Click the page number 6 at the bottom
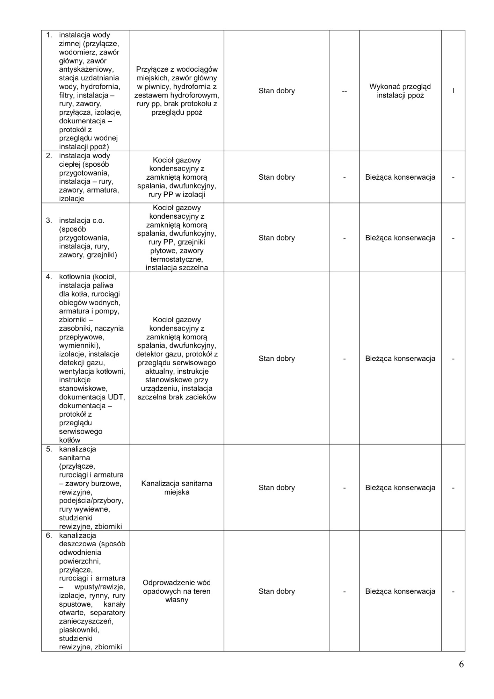(461, 664)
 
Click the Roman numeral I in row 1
(453, 91)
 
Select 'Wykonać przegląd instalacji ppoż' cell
(400, 91)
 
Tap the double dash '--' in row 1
(344, 91)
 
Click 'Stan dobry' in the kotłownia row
(276, 359)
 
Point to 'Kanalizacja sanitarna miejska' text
(176, 488)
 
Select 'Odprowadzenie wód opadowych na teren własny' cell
(176, 591)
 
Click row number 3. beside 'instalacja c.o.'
(49, 221)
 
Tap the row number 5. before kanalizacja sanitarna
(49, 449)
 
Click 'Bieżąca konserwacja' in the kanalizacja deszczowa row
(400, 591)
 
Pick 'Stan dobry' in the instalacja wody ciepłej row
(276, 177)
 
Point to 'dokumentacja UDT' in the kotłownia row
(92, 397)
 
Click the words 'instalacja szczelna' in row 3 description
(176, 268)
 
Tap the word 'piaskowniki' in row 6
(79, 630)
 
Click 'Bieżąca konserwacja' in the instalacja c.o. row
(400, 238)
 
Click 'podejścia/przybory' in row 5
(91, 501)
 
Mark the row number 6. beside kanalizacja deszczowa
(49, 535)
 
